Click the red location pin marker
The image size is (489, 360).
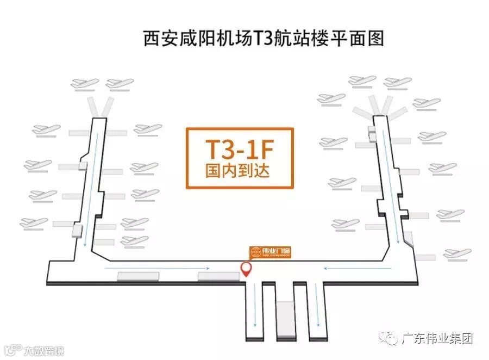[246, 269]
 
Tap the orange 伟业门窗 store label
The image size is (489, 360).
[270, 252]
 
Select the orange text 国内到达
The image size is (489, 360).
[240, 172]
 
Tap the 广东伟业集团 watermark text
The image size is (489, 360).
[437, 339]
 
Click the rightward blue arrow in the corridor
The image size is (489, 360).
[158, 268]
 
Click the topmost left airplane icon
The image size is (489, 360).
[86, 84]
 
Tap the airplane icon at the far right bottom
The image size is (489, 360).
[457, 253]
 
